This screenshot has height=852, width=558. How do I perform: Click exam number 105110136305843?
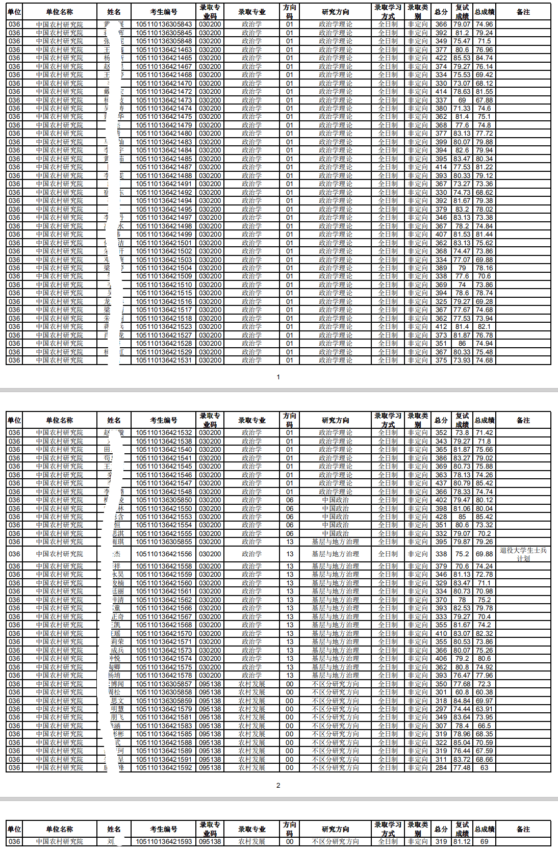pos(164,24)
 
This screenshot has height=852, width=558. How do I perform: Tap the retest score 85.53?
pos(462,58)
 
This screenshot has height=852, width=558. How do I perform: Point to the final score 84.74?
pos(484,58)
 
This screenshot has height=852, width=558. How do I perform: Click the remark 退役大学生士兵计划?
pos(523,554)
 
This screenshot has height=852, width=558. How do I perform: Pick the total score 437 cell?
pos(441,483)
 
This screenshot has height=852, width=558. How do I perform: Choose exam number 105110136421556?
pos(164,554)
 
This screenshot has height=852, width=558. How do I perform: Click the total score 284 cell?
pos(441,767)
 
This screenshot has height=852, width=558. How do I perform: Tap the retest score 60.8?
pos(462,692)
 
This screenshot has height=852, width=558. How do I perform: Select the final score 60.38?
pos(484,692)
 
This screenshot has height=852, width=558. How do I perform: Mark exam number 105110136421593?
pos(164,841)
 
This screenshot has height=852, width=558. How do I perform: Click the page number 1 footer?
pos(278,377)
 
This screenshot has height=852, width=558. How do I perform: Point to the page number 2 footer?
pos(278,785)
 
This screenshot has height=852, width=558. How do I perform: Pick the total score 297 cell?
pos(441,709)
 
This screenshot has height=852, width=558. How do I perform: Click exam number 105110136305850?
pos(164,500)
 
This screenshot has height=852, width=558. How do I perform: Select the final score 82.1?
pos(484,326)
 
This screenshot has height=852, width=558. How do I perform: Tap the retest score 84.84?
pos(462,701)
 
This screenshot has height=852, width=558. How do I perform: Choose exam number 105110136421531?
pos(164,360)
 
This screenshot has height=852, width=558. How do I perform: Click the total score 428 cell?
pos(441,517)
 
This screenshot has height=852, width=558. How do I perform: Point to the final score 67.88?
pos(484,100)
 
